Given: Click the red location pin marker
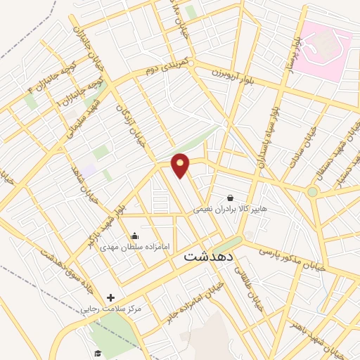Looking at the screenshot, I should coord(181,165).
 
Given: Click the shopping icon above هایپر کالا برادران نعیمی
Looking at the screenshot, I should coord(231,198).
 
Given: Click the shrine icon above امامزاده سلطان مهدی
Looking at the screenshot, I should coord(134,236).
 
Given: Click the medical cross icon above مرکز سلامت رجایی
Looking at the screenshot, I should coord(110,298).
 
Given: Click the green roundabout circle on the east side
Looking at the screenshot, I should coord(312,191).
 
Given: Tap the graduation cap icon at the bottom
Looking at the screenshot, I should coord(97,353).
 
